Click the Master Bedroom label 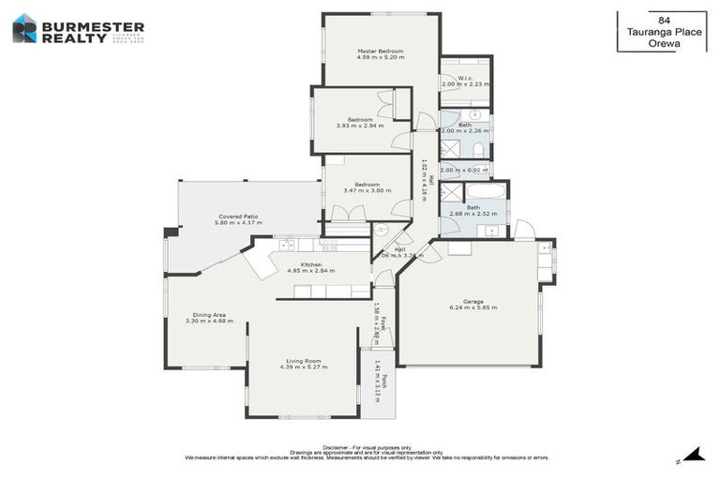[x=380, y=51]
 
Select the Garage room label [x=472, y=301]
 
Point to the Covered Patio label [x=238, y=216]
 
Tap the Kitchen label [x=311, y=264]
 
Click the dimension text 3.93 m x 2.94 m [x=360, y=126]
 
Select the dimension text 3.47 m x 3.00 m [x=367, y=190]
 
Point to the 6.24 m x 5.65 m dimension [x=472, y=307]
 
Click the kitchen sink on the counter [x=287, y=246]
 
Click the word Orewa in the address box [x=664, y=40]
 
